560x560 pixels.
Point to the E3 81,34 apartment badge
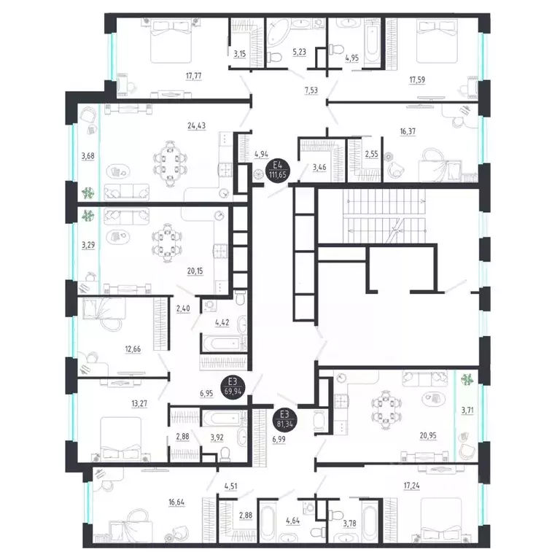point(286,419)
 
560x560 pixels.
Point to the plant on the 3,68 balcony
point(88,193)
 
